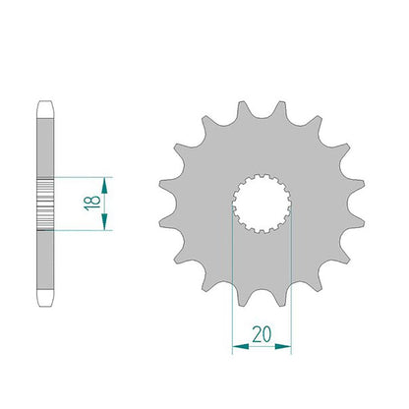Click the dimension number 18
[x=92, y=204]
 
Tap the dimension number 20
[x=262, y=334]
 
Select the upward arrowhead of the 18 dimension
[x=104, y=186]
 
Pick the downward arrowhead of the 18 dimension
[x=104, y=221]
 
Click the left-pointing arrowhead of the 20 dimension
[x=241, y=346]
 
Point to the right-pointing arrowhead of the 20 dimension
[x=283, y=346]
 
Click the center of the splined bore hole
[x=262, y=204]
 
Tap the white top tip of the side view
[x=45, y=109]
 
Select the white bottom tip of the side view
[x=45, y=298]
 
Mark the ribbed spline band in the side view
[x=45, y=204]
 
